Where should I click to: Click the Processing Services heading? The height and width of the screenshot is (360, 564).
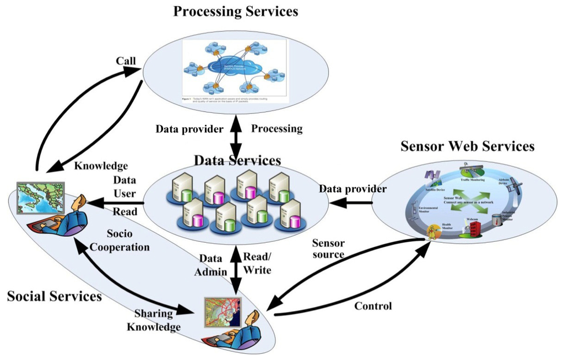[236, 12]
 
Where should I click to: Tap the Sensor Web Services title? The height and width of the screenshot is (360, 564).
[467, 146]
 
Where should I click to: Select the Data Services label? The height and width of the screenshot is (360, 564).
[237, 161]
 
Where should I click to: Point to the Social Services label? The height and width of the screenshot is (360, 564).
[55, 296]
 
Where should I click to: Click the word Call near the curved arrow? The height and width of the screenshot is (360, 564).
[126, 60]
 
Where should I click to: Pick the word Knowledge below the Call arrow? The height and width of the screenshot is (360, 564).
[101, 165]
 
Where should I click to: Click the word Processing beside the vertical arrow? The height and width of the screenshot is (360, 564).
[277, 129]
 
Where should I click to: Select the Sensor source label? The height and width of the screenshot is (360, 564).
[329, 248]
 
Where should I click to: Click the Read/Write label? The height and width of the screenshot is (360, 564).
[258, 263]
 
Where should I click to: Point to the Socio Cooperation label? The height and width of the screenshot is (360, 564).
[120, 241]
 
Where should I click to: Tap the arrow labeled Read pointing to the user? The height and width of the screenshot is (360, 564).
[116, 204]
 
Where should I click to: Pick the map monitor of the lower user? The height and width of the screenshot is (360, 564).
[223, 314]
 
